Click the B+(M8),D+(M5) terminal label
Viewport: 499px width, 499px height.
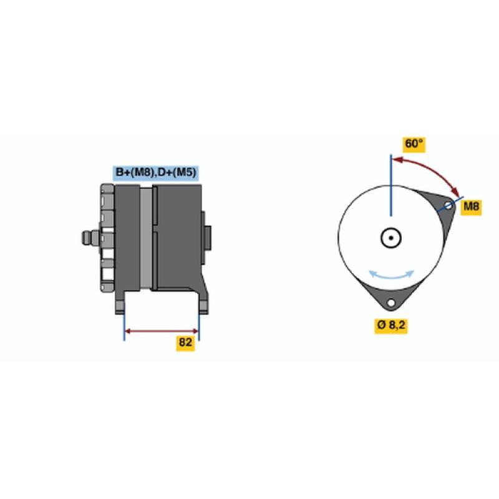[155, 173]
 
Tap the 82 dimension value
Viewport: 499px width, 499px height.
[185, 342]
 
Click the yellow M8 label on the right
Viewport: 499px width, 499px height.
[472, 206]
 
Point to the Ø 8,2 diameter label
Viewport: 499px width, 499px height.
[391, 325]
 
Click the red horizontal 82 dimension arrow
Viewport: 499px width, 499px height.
[162, 331]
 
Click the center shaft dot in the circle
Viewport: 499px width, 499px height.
[391, 238]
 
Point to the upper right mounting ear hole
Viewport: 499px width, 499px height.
[448, 205]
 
